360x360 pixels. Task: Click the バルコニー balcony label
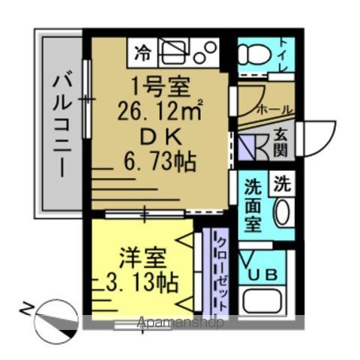click(60, 124)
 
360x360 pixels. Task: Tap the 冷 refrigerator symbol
click(142, 52)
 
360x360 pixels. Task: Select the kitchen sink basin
click(175, 52)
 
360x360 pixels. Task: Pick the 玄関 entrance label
click(280, 143)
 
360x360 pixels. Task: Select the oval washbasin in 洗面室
click(282, 213)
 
